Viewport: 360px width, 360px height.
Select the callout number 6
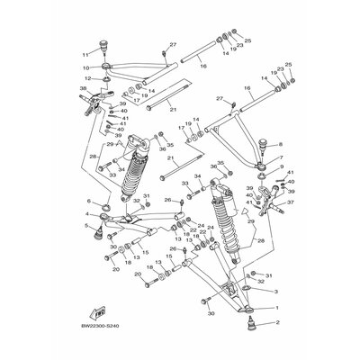click(89, 202)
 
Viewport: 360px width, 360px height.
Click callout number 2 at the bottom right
click(277, 321)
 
